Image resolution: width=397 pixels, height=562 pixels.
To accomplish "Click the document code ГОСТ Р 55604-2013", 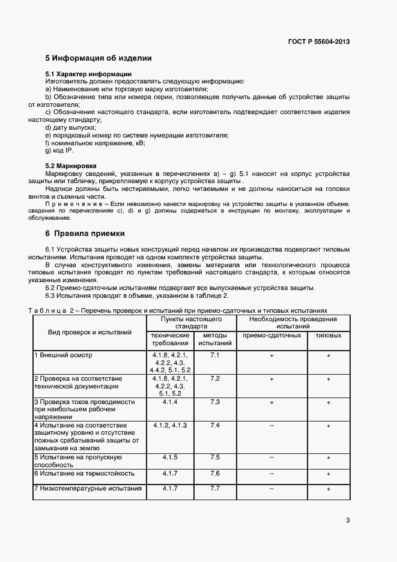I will coord(319,41).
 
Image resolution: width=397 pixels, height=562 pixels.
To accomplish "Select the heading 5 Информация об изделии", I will coord(98,58).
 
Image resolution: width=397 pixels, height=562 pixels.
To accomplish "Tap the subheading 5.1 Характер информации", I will coord(80,74).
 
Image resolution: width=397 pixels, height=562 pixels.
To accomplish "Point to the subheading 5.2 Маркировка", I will coord(71,165).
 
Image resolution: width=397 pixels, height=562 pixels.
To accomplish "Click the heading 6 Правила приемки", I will coord(85,233).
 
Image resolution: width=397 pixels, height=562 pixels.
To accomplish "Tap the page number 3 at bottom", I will coord(348,519).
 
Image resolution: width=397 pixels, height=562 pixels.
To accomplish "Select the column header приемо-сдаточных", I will coord(271,336).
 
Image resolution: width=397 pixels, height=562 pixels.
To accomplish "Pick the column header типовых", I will coord(328,336).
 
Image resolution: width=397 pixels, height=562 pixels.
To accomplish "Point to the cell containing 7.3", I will coord(215,402).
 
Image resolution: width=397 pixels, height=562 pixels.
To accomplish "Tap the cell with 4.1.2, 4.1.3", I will coord(170,425).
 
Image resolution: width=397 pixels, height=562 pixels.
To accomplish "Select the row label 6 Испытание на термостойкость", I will coord(84,473).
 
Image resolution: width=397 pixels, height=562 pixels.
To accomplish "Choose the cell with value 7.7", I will coord(215,488).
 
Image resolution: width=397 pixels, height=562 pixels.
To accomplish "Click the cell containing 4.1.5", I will coord(170,457).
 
